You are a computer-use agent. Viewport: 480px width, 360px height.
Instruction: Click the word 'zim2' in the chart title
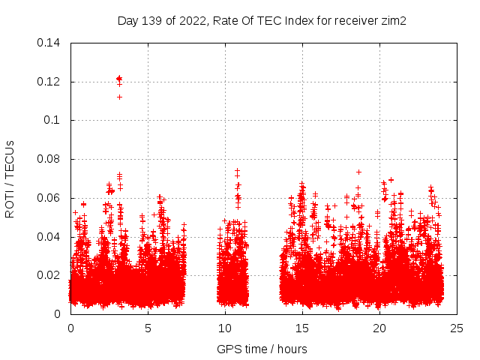394,21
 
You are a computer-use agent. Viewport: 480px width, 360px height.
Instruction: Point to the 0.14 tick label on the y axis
49,43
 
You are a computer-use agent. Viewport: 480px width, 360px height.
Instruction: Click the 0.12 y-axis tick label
49,82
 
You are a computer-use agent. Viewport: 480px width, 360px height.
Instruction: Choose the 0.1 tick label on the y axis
52,120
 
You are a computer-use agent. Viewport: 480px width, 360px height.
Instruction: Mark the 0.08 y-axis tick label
49,159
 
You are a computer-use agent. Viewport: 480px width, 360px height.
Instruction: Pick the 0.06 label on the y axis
49,198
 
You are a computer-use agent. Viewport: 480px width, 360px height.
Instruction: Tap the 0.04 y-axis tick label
49,237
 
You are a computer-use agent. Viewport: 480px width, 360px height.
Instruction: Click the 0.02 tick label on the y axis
49,275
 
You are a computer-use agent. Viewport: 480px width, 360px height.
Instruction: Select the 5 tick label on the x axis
148,328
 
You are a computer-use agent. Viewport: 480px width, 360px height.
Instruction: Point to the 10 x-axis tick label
226,328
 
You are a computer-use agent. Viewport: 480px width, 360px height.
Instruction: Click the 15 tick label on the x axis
303,328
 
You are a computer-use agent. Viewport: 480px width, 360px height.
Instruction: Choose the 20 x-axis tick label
380,328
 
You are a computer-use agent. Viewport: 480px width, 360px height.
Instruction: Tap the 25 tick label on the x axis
457,328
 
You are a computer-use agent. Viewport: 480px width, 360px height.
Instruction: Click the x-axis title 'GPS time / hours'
262,349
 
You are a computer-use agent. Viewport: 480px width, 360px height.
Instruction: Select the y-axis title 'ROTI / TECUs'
10,178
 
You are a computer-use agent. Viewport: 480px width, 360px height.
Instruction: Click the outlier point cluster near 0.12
119,79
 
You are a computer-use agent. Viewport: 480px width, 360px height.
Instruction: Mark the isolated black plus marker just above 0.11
119,97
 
